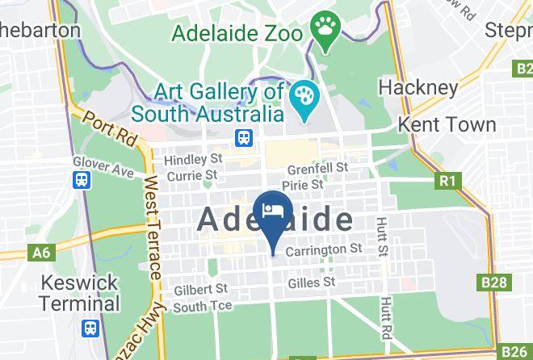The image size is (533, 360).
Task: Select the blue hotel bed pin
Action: pos(273,212)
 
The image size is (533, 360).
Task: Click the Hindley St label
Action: pos(193,159)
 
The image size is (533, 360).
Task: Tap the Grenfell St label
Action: pos(318,168)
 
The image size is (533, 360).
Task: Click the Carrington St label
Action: pos(322,249)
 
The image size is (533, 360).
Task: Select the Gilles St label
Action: pos(311,283)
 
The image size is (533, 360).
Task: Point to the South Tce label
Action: pos(203,306)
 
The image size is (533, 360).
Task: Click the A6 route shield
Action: pos(41,253)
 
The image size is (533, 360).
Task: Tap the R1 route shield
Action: pos(447,181)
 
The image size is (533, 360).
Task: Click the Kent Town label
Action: pos(447,124)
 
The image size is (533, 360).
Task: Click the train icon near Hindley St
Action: pos(243,139)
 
